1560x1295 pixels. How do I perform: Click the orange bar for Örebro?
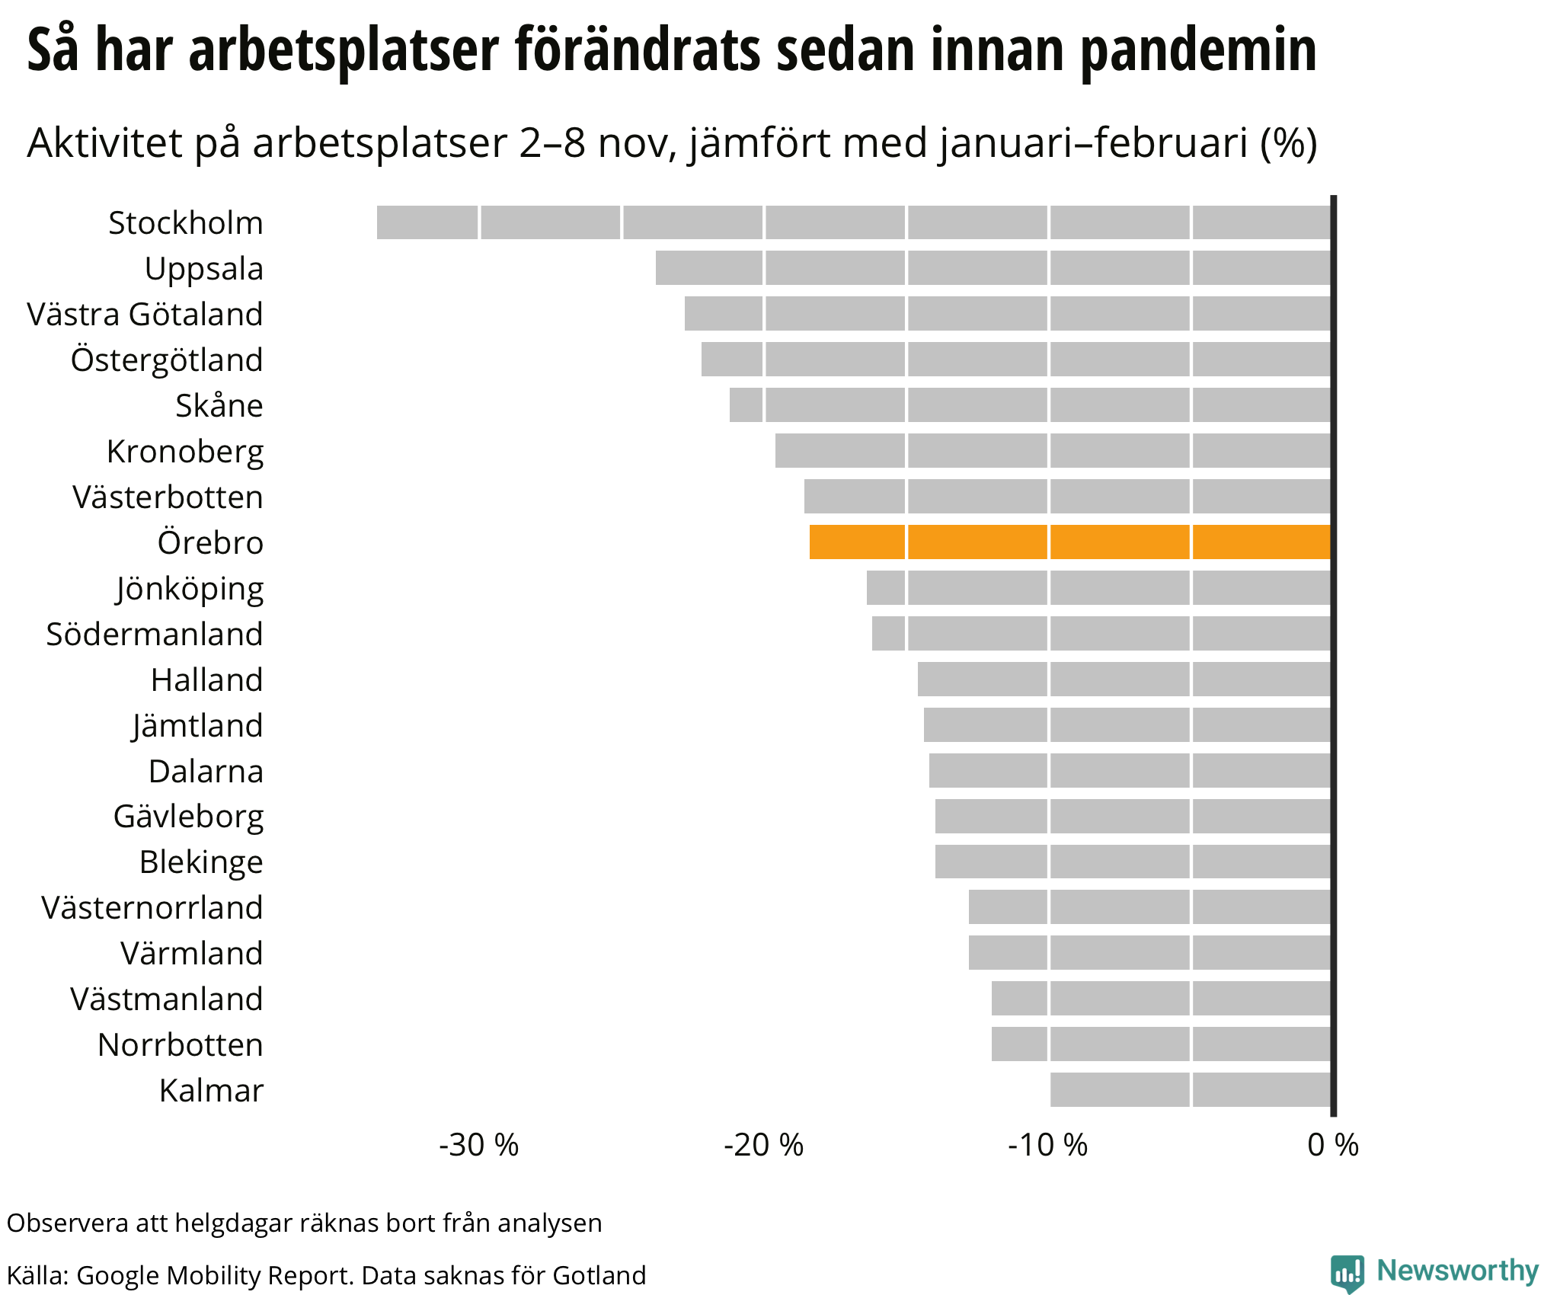coord(1069,542)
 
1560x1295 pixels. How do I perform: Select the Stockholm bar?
coord(853,222)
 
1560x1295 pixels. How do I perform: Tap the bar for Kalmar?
coord(1190,1089)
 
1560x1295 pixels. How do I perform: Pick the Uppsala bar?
coord(993,268)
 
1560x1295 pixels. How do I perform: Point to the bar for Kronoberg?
coord(1053,450)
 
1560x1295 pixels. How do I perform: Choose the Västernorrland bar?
coord(1149,906)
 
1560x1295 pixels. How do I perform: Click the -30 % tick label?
coord(478,1145)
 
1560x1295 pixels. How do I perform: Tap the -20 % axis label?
coord(763,1145)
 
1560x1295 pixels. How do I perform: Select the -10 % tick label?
coord(1048,1145)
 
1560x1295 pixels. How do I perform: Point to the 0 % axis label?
coord(1333,1145)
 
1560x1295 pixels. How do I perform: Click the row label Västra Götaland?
coord(145,314)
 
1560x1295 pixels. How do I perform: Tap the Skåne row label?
coord(219,405)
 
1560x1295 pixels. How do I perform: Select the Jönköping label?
coord(190,589)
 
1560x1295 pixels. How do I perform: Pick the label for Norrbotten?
coord(180,1044)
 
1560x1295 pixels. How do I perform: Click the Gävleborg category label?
coord(188,817)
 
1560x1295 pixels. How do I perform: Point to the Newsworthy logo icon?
coord(1347,1274)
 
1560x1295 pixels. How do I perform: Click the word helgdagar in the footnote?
coord(235,1223)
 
